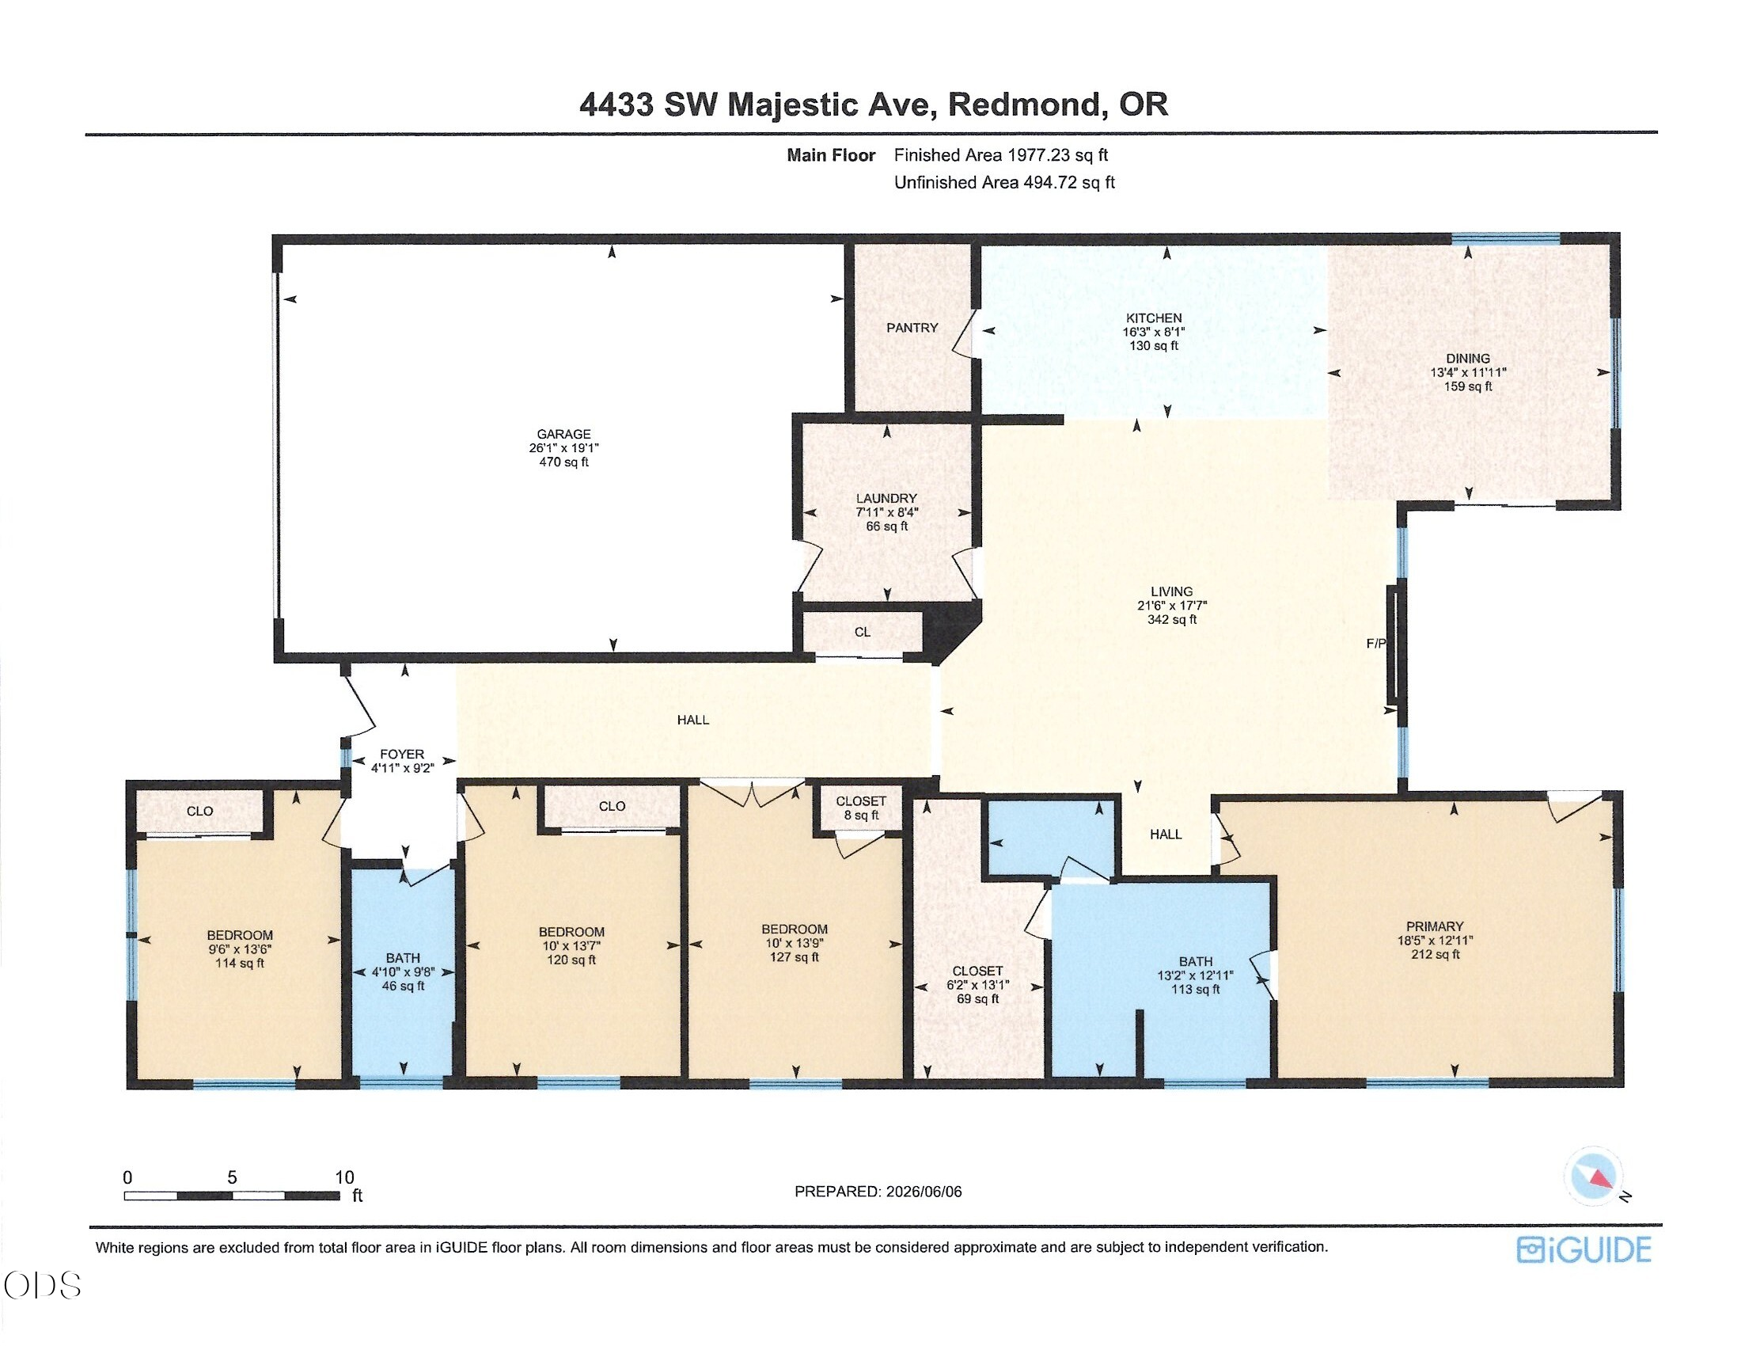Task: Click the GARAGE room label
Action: pos(563,434)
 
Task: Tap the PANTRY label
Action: pos(912,328)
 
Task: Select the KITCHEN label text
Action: pos(1154,318)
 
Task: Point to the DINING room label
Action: pos(1467,359)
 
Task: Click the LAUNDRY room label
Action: pos(886,498)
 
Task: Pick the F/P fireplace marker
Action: pos(1376,644)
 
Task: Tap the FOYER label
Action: pos(402,754)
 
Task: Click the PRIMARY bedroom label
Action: pos(1435,926)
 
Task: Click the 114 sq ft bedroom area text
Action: pos(239,964)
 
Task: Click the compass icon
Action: pos(1594,1176)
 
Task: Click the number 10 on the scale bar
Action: pos(344,1177)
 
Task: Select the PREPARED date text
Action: pos(878,1192)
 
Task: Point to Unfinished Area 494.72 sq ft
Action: pos(1003,183)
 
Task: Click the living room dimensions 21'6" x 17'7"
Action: pos(1171,605)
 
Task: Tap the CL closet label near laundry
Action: pos(863,633)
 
